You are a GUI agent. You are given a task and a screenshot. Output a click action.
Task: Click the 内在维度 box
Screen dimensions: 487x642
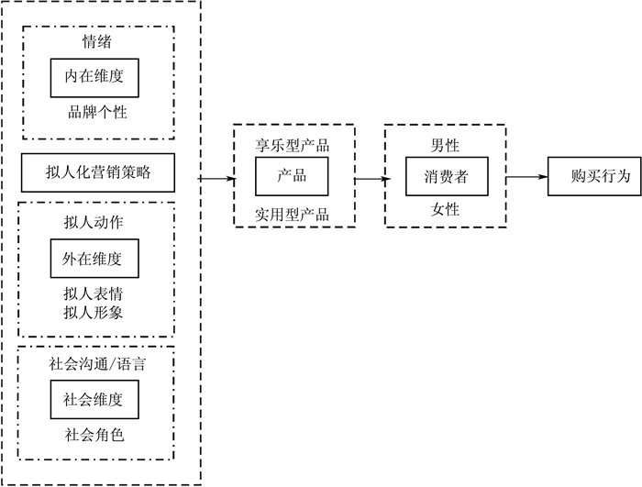tap(94, 77)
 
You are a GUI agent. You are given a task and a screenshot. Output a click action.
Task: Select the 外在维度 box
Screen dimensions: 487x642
tap(94, 260)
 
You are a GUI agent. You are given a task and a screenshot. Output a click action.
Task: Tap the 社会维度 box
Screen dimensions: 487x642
tap(94, 400)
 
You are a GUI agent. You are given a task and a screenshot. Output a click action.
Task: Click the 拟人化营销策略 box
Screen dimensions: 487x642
tap(98, 171)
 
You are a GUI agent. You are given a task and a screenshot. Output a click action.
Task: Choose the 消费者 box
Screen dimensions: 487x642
tap(446, 176)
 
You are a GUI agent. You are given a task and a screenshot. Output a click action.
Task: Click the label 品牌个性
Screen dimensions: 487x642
tap(96, 113)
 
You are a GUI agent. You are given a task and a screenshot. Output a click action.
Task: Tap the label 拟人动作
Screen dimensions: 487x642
tap(94, 223)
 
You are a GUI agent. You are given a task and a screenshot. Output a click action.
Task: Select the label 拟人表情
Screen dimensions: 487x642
tap(94, 294)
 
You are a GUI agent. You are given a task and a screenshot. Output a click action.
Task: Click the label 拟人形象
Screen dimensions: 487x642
tap(94, 313)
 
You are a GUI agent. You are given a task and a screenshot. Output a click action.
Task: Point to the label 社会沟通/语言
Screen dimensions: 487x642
tap(96, 364)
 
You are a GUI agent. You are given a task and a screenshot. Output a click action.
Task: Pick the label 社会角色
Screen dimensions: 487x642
tap(94, 435)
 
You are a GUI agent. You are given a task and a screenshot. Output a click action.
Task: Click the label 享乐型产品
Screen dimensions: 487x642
tap(292, 145)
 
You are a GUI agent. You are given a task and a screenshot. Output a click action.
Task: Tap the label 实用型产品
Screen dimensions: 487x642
tap(292, 215)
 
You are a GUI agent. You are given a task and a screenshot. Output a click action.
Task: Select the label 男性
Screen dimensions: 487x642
tap(446, 145)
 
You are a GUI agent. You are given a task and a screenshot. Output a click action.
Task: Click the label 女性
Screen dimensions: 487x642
tap(446, 210)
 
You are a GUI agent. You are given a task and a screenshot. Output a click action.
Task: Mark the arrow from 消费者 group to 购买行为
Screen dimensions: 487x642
tap(526, 176)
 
